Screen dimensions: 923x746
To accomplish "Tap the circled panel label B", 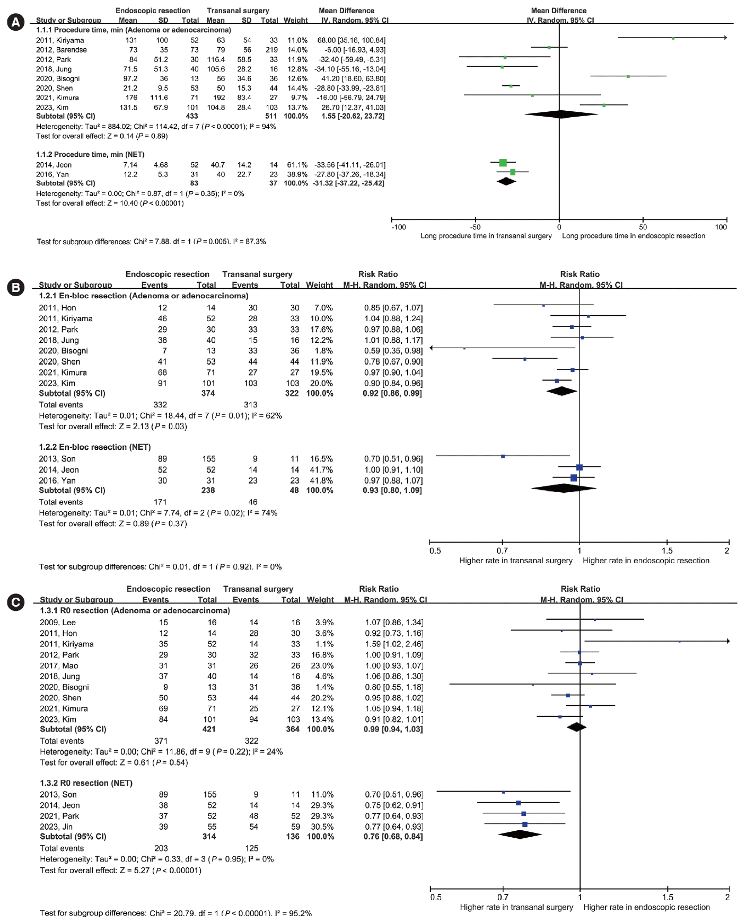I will point(15,287).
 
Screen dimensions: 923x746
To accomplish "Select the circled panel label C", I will point(16,602).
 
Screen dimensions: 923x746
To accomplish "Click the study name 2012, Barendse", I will point(61,50).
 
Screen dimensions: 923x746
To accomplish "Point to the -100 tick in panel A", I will point(398,227).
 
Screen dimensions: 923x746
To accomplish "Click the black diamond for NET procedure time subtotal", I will point(507,181).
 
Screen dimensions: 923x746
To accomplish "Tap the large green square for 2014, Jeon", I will point(503,163).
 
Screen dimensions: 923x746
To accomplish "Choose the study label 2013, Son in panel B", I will point(57,459).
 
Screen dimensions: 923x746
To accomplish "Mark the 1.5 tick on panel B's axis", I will point(667,551).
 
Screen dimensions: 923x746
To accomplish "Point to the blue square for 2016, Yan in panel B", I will point(574,478).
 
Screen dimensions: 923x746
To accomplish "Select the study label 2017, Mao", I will point(59,665).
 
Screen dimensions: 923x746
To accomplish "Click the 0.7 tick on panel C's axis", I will point(503,897).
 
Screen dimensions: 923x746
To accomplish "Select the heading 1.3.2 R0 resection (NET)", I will point(86,783).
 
